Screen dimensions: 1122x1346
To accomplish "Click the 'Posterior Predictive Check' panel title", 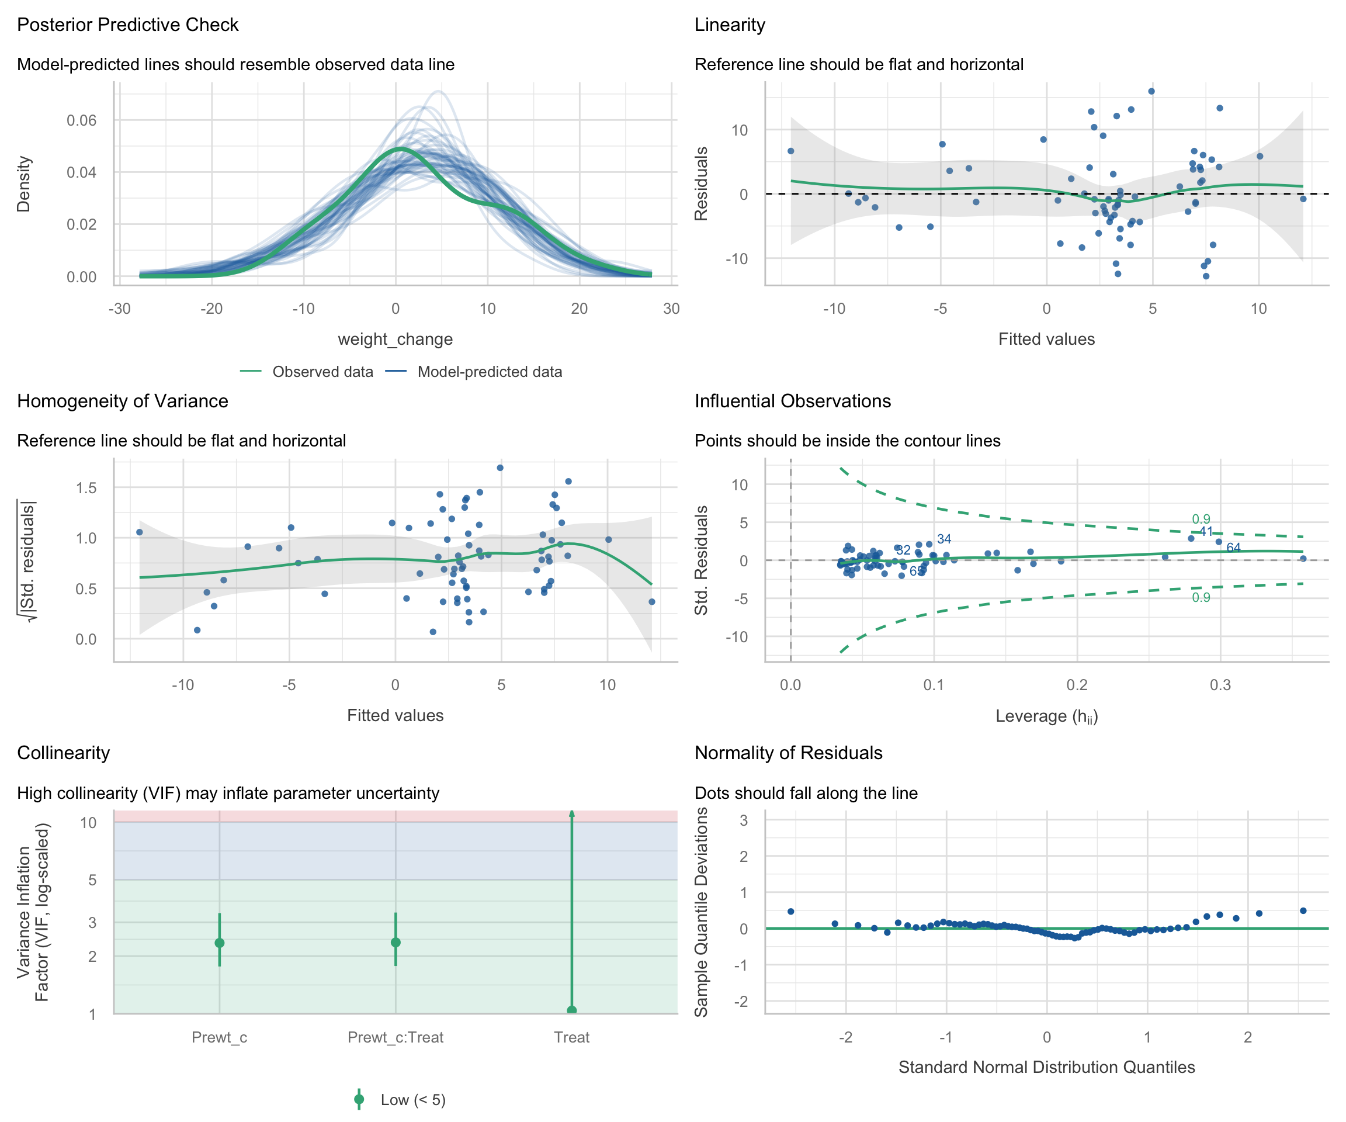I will [x=127, y=25].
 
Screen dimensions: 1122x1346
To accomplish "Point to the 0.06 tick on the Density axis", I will [x=81, y=120].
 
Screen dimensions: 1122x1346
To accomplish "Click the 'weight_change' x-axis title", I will [x=395, y=339].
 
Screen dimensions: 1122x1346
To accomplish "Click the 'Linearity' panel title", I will [x=730, y=25].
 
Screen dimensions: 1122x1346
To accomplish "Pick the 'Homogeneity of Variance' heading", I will [x=123, y=401].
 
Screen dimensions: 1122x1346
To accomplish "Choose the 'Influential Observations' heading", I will [x=793, y=401].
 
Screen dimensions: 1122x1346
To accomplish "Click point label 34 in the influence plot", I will [x=943, y=539].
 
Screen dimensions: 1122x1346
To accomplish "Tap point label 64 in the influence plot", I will [x=1233, y=548].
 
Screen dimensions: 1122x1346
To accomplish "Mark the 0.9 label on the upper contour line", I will [x=1201, y=520].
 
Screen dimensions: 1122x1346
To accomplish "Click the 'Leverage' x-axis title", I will [x=1046, y=716].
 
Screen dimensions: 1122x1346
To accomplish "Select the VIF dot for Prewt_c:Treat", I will [x=396, y=943].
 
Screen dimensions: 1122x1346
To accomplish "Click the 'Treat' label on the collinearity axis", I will [x=572, y=1037].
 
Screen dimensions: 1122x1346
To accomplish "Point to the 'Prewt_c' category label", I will [x=219, y=1037].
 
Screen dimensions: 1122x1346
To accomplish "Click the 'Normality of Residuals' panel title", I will [x=788, y=753].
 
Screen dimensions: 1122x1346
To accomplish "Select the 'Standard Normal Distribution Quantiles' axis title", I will [x=1046, y=1067].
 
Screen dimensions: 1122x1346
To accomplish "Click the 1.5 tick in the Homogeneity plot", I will [x=86, y=488].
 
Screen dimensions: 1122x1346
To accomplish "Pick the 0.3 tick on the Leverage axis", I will [x=1220, y=685].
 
